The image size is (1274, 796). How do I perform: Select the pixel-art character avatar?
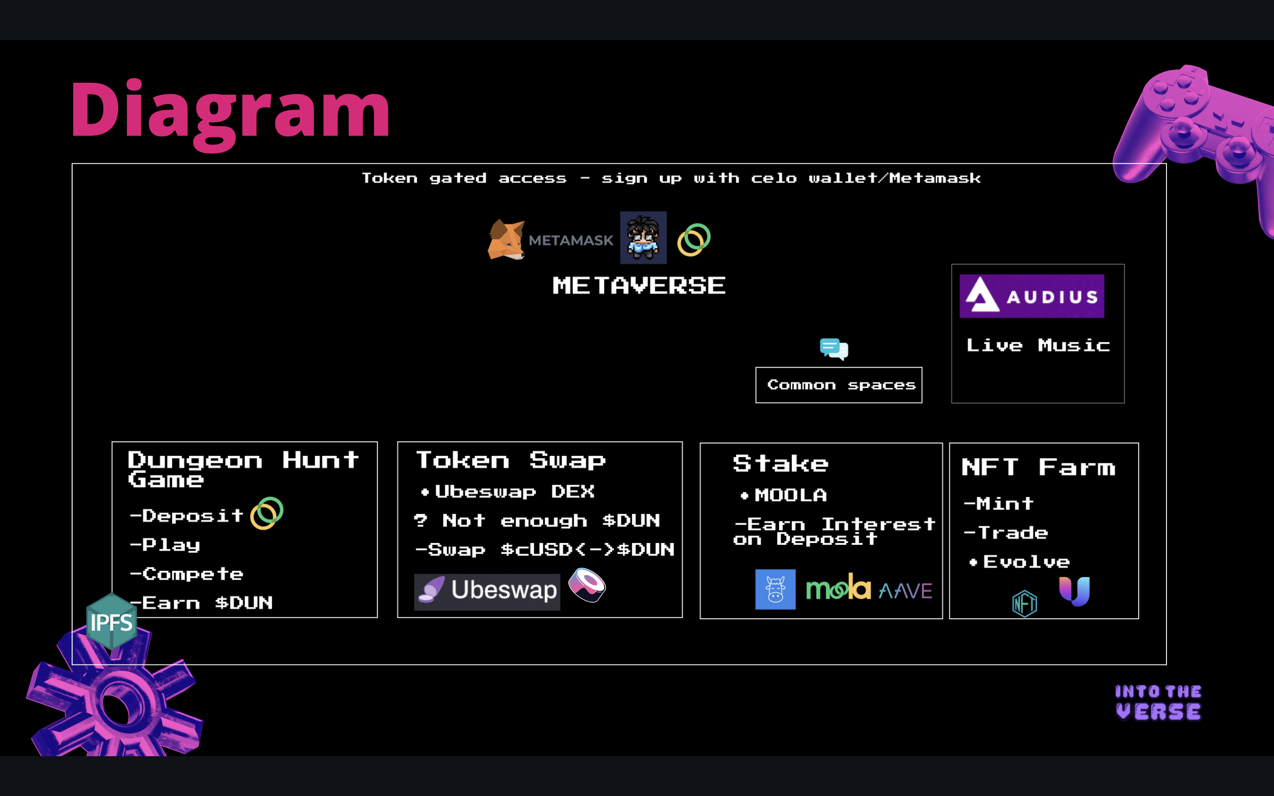[643, 238]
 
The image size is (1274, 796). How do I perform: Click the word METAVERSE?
[639, 286]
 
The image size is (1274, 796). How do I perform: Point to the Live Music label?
[1038, 345]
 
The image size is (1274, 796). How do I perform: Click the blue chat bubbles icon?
[834, 348]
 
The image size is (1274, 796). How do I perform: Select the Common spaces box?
[839, 385]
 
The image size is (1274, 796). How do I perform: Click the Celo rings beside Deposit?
[267, 513]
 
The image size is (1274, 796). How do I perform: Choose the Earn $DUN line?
[207, 603]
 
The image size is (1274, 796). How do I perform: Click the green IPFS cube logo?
[111, 622]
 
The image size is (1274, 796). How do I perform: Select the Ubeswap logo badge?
[487, 591]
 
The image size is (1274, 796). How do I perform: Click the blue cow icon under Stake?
[775, 589]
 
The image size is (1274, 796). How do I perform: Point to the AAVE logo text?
[906, 591]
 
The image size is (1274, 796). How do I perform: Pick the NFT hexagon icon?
[1025, 603]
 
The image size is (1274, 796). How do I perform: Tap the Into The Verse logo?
[1158, 702]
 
